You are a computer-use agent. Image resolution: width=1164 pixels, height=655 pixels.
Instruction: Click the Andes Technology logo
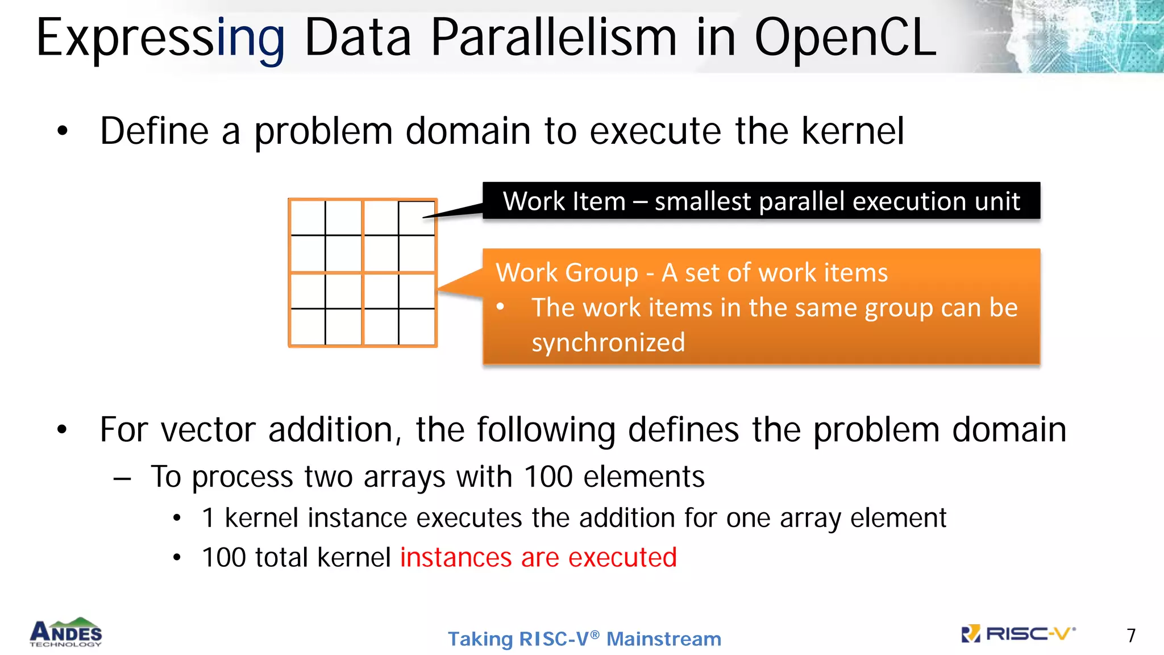coord(66,633)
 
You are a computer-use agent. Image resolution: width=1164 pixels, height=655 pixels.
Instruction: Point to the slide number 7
coord(1131,636)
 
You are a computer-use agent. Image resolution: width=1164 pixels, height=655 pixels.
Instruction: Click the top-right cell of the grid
coord(417,218)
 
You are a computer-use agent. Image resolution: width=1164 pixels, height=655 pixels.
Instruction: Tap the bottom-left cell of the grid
coord(308,326)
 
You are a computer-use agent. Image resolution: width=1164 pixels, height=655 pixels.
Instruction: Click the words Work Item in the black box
coord(564,201)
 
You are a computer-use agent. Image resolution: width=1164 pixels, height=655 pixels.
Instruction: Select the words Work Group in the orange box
coord(567,273)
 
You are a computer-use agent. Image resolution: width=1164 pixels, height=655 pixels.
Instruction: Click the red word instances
coord(456,557)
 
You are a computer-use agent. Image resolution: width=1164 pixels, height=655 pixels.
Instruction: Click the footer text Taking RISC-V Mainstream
coord(584,639)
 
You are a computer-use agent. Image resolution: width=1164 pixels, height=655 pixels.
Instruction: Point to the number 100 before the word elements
coord(547,476)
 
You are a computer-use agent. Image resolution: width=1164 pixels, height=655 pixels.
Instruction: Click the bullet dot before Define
coord(63,131)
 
